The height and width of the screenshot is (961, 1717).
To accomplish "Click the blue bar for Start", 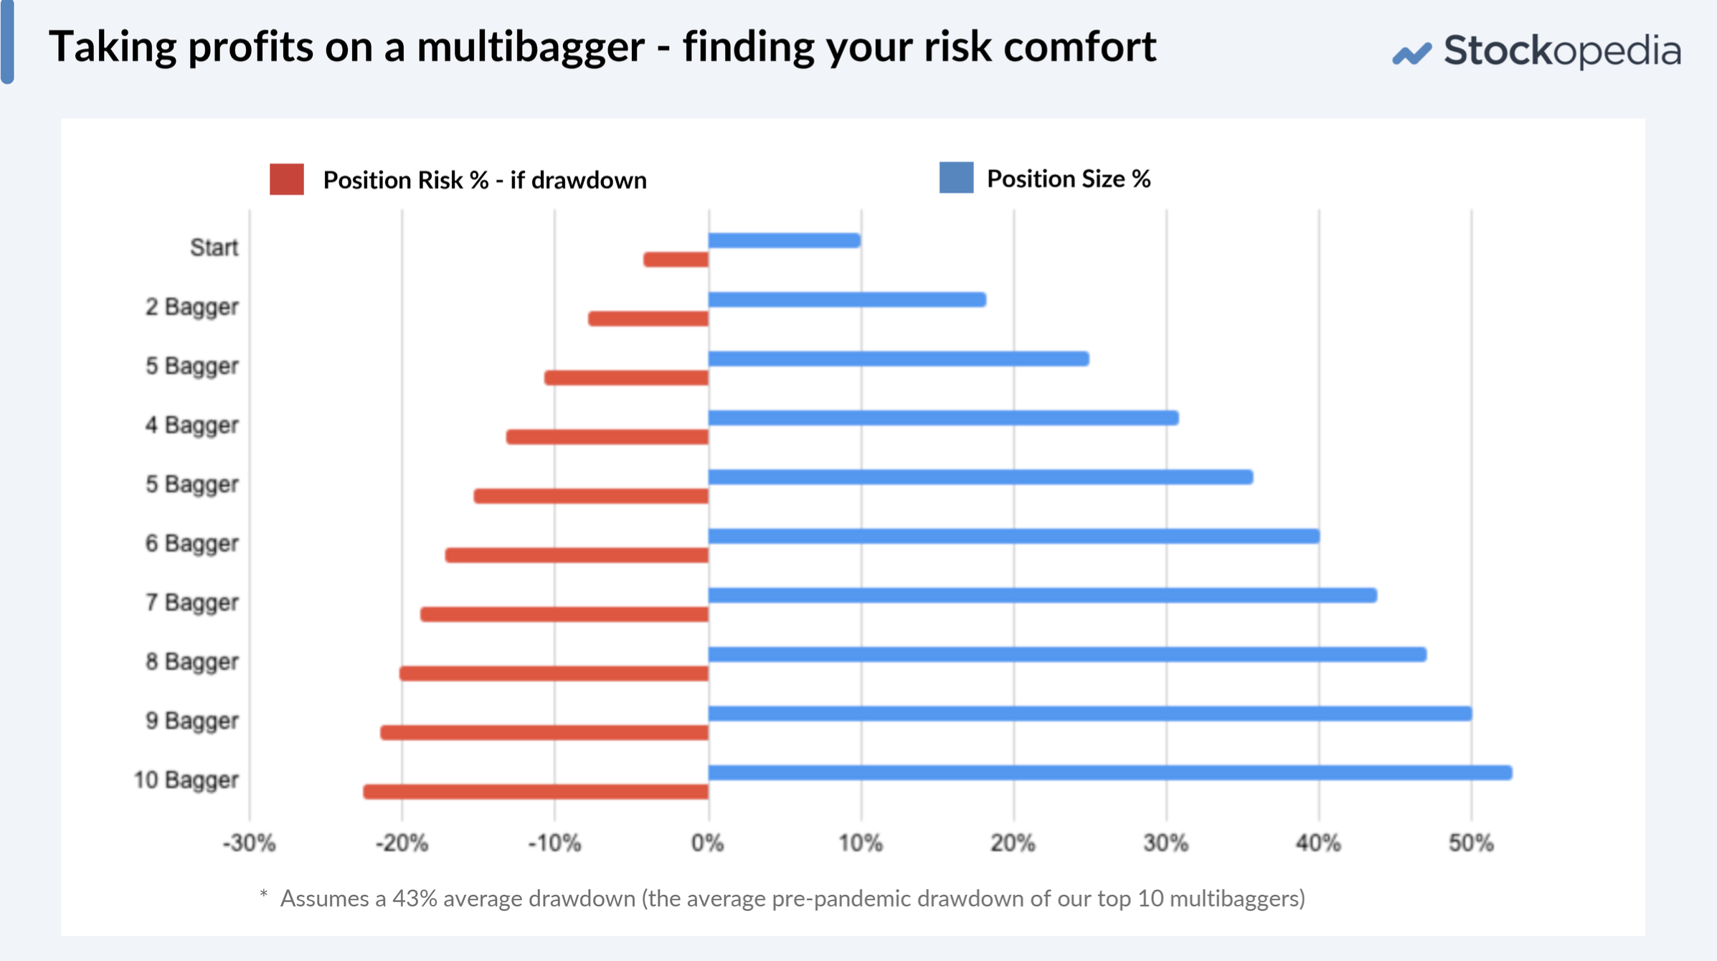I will point(784,241).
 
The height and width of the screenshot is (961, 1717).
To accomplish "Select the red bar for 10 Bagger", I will point(536,792).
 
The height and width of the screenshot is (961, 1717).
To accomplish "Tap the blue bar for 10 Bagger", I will point(1110,772).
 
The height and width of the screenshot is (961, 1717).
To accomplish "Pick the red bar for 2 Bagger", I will point(648,318).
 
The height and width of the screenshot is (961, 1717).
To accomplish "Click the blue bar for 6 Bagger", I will point(1013,536).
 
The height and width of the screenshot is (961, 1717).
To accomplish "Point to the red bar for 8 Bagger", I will point(554,673).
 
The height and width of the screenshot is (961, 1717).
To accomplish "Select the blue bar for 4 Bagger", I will point(943,417).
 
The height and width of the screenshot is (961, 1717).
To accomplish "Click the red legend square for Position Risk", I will point(287,179).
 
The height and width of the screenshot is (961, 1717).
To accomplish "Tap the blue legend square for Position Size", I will point(956,178).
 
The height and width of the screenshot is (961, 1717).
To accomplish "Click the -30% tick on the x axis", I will point(249,843).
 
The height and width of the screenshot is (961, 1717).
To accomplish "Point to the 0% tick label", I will point(707,843).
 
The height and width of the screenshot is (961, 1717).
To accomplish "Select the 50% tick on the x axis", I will point(1470,843).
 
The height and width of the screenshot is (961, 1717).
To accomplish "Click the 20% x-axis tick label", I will point(1013,843).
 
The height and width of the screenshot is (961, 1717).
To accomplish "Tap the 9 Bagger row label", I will point(191,720).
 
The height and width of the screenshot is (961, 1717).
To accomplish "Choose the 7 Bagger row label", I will point(191,602).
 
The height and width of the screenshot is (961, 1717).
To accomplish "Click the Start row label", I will point(214,247).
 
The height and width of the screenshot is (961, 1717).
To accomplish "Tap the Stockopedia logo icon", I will point(1411,54).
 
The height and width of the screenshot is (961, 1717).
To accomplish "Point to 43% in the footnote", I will point(415,899).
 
